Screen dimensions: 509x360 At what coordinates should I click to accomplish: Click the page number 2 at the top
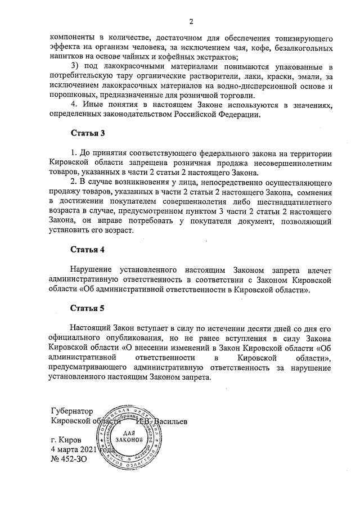pos(191,22)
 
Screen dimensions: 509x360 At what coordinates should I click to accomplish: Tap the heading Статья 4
pos(87,249)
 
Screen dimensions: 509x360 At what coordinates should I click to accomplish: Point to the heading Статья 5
pos(87,308)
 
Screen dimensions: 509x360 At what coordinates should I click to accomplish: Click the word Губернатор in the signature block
pos(72,411)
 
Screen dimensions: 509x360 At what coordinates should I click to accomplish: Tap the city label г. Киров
pos(66,439)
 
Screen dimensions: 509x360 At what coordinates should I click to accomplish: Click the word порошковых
pos(72,96)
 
